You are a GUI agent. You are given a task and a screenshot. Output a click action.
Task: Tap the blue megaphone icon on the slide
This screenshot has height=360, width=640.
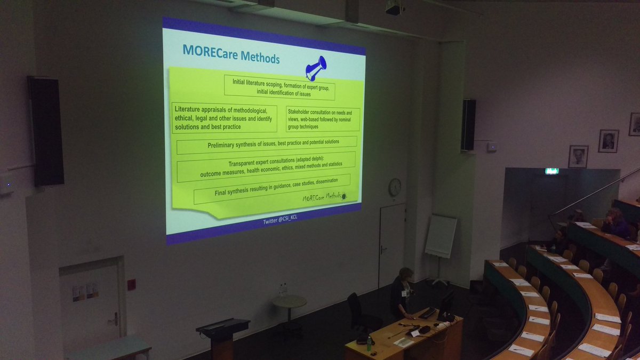tap(316, 68)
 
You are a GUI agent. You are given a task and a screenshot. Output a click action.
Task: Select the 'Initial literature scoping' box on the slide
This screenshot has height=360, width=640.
tap(272, 87)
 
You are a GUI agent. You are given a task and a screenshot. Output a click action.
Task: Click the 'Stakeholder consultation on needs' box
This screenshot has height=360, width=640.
tap(323, 119)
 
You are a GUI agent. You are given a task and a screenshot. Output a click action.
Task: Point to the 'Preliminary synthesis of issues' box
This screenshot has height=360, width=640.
tap(267, 143)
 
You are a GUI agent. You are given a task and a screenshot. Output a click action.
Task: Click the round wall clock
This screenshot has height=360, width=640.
tap(395, 187)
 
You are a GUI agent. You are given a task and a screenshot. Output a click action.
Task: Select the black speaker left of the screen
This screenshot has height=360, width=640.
tap(46, 131)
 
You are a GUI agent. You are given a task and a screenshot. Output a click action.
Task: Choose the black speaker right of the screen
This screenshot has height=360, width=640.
tap(468, 125)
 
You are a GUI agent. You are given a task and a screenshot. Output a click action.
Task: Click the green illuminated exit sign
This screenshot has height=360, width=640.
tap(551, 171)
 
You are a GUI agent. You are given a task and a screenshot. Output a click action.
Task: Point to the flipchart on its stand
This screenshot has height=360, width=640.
tap(441, 236)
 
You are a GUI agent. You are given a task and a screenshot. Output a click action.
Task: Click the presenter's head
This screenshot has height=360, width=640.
tap(406, 274)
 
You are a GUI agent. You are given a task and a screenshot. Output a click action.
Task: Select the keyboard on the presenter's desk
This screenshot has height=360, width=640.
tap(427, 313)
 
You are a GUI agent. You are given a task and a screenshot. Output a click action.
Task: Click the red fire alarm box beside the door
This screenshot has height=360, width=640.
tap(131, 284)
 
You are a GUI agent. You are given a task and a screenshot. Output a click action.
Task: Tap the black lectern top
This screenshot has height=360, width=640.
tap(223, 324)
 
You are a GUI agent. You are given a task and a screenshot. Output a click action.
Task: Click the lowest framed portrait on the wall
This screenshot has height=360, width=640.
tap(578, 156)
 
